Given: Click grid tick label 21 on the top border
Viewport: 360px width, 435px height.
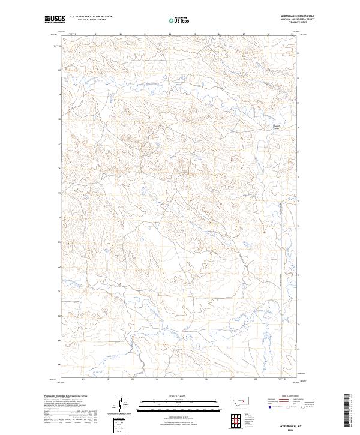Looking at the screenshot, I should click(x=96, y=34).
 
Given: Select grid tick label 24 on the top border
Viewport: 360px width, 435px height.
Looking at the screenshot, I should click(x=170, y=34).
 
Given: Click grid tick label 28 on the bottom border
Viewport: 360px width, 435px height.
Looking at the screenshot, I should click(x=256, y=379).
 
